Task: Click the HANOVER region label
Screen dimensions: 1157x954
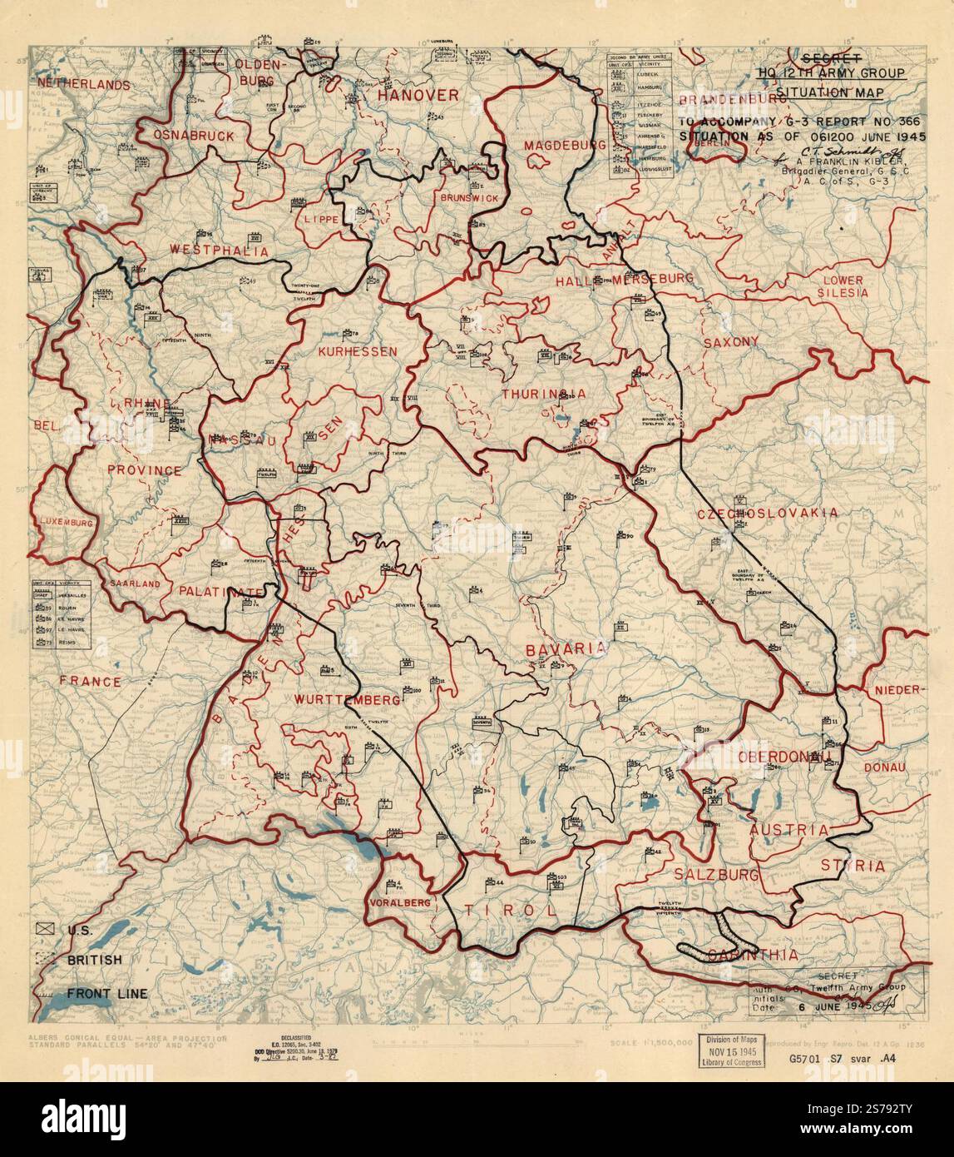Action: pos(418,96)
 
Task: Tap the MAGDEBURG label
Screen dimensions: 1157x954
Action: pos(553,146)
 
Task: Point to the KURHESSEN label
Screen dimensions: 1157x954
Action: pos(357,351)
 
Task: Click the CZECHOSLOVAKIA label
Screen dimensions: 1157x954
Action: pos(767,513)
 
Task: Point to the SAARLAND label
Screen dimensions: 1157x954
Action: pos(133,584)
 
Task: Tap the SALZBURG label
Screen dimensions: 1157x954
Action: pos(716,875)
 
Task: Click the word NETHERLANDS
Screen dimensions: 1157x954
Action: pos(83,84)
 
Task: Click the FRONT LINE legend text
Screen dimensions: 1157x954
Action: pos(107,993)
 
